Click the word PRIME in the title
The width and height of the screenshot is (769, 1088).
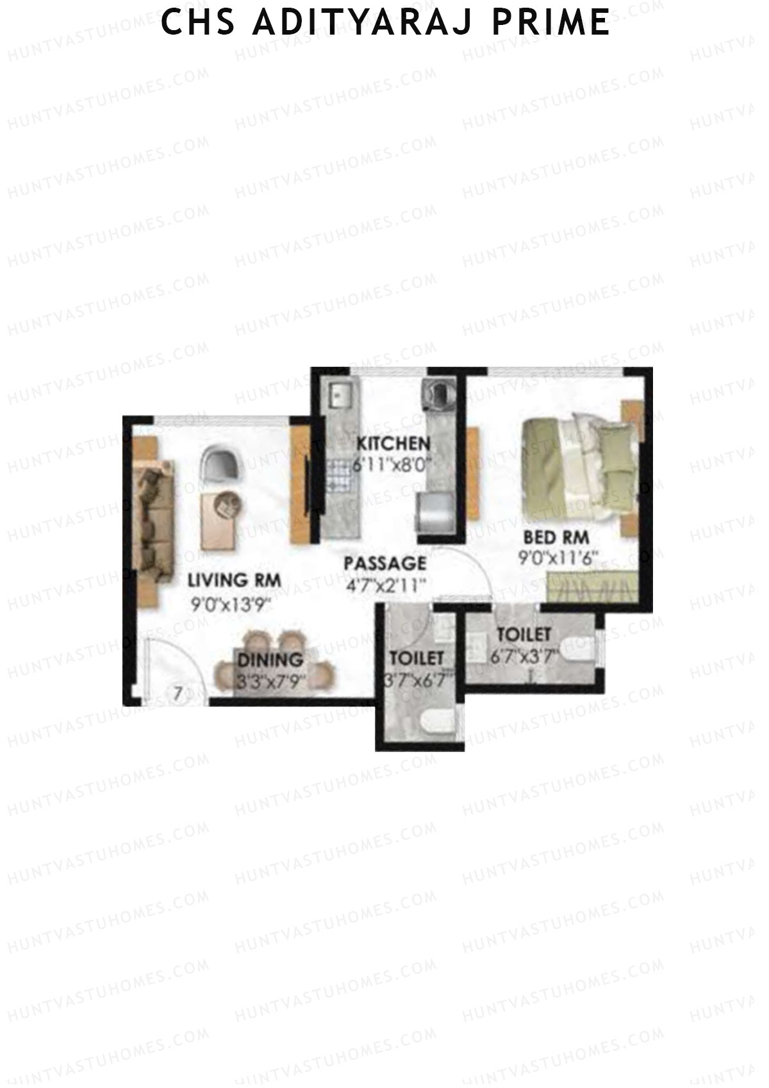click(x=550, y=22)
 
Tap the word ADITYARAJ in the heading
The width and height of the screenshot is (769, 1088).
click(x=362, y=22)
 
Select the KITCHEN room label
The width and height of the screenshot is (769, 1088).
click(x=393, y=443)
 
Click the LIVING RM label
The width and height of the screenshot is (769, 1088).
click(x=234, y=580)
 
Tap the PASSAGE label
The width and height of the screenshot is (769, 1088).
click(x=384, y=564)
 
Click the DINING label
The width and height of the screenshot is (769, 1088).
click(x=270, y=659)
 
